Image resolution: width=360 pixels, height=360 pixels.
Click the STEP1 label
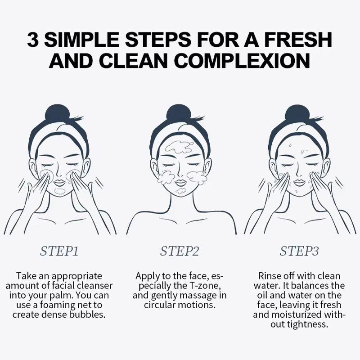(x=59, y=251)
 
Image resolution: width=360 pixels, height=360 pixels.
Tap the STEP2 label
(x=179, y=251)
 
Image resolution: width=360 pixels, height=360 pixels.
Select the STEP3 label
(x=299, y=251)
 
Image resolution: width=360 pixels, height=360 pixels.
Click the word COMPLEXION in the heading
(x=242, y=61)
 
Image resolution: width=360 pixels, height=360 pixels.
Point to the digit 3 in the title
(x=32, y=40)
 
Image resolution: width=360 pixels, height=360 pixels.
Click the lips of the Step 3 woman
(x=300, y=183)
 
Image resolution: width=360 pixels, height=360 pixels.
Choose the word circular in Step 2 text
(x=160, y=305)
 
